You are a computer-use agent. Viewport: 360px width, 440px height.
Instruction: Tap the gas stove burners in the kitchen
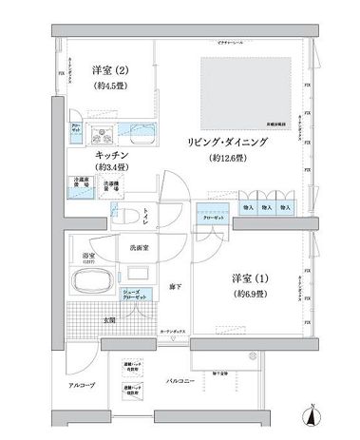pyautogui.click(x=99, y=132)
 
